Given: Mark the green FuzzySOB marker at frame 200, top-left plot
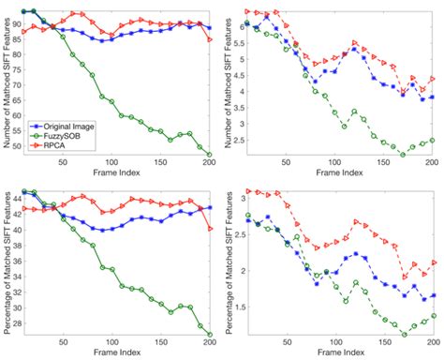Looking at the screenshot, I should click(x=210, y=155).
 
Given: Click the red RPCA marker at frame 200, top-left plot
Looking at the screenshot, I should click(x=210, y=39).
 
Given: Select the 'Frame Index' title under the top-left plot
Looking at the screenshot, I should click(x=119, y=173).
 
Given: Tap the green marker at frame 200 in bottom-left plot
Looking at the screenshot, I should click(x=210, y=335).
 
